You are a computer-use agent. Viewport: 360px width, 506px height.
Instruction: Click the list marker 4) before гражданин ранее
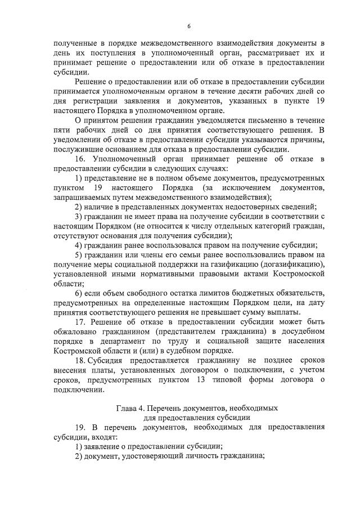point(78,245)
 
